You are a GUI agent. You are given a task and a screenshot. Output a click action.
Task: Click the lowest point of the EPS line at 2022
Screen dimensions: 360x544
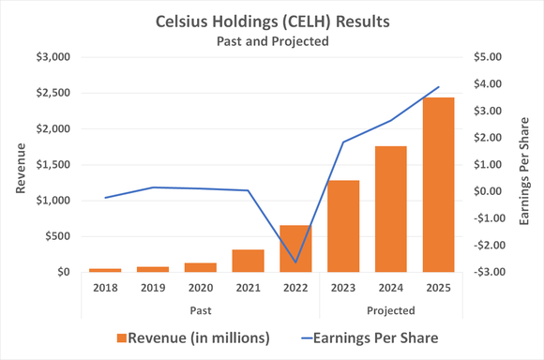point(295,262)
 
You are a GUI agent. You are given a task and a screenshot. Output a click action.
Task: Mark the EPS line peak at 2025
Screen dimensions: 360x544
point(439,87)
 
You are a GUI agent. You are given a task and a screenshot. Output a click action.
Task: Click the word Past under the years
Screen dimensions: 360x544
point(198,309)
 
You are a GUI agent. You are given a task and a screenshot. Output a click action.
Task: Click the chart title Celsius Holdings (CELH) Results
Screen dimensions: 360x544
point(272,22)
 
